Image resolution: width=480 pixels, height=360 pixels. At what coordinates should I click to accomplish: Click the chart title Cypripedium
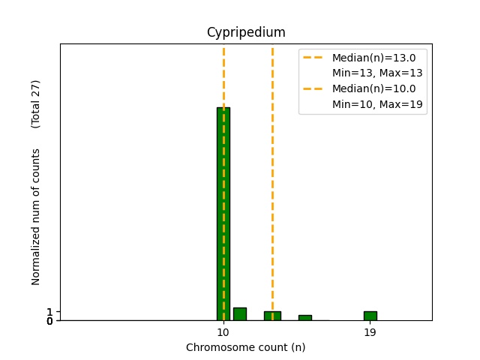click(246, 32)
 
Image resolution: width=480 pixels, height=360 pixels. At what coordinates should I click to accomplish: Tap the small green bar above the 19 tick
click(370, 316)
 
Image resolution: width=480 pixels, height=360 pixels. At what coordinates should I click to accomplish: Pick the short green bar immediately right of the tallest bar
click(240, 313)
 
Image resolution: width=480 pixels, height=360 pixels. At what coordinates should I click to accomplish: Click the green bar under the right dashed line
click(272, 316)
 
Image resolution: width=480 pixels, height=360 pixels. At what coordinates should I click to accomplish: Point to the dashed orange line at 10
click(223, 75)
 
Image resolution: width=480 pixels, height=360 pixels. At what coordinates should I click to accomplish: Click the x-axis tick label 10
click(223, 332)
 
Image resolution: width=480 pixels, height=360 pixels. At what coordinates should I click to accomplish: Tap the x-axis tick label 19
click(370, 332)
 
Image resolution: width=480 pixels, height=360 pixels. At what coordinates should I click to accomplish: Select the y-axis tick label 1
click(49, 311)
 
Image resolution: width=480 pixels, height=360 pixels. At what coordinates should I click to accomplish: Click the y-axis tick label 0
click(49, 321)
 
